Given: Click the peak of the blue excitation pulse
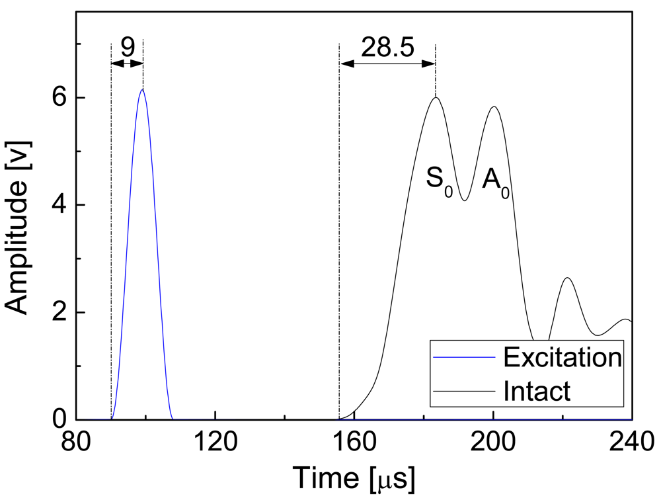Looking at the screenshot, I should tap(142, 90).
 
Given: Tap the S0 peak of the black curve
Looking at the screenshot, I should tap(436, 98).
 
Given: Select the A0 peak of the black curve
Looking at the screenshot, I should tap(493, 107).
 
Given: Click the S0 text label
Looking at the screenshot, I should tap(438, 181).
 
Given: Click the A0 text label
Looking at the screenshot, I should tap(495, 181).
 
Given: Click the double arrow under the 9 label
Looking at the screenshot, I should tap(127, 63).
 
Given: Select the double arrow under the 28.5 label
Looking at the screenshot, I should tap(387, 63).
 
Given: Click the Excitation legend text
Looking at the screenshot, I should tap(562, 358).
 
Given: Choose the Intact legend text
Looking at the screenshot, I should tap(536, 390).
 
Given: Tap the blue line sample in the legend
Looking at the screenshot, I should tap(464, 358).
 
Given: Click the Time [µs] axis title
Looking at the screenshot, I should tap(354, 478).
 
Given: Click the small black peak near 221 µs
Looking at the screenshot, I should tap(567, 278).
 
